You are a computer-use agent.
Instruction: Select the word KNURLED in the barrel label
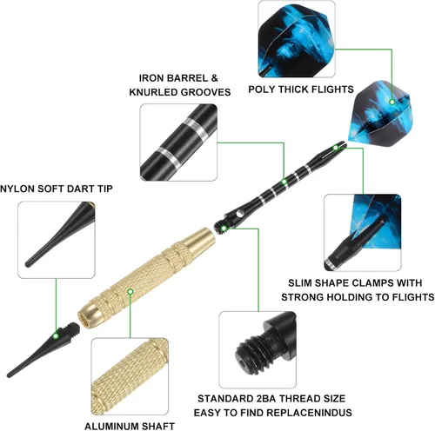pyautogui.click(x=153, y=92)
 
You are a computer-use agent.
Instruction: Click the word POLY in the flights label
pyautogui.click(x=261, y=90)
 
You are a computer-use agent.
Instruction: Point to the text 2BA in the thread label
pyautogui.click(x=266, y=399)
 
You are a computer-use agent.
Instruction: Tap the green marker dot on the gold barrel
pyautogui.click(x=130, y=291)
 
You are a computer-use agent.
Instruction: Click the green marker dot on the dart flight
pyautogui.click(x=391, y=102)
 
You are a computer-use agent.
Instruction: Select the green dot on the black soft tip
pyautogui.click(x=56, y=336)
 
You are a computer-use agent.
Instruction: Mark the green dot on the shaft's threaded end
pyautogui.click(x=224, y=229)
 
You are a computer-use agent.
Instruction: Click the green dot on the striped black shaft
pyautogui.click(x=284, y=182)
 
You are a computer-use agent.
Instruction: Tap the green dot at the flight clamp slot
pyautogui.click(x=336, y=148)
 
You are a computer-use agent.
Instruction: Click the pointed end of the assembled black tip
pyautogui.click(x=9, y=375)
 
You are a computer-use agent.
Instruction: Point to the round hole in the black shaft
pyautogui.click(x=239, y=214)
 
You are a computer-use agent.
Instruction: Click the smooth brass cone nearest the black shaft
pyautogui.click(x=200, y=239)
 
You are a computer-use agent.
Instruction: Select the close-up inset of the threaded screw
pyautogui.click(x=258, y=350)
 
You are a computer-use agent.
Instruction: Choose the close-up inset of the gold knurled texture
pyautogui.click(x=130, y=376)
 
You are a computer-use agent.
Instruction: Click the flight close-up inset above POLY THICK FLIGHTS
pyautogui.click(x=297, y=39)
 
